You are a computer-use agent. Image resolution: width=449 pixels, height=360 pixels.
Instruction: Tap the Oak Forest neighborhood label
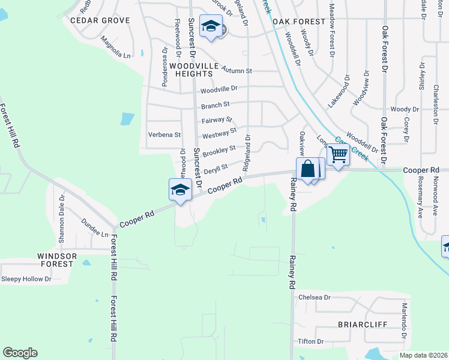[298, 22]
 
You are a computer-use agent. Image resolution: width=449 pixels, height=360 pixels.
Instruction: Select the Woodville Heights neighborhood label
[191, 69]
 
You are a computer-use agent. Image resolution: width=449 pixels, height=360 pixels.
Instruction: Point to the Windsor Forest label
[57, 260]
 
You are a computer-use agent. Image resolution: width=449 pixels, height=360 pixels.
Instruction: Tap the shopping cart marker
[338, 155]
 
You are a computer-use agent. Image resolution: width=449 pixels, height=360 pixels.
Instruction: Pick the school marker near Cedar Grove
[211, 26]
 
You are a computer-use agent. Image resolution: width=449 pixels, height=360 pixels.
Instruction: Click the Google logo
[20, 353]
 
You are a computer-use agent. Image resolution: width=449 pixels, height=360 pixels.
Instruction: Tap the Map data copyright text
[424, 355]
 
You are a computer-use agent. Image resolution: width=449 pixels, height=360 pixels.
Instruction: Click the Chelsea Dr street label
[315, 298]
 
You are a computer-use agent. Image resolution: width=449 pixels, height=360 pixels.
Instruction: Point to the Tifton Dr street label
[310, 341]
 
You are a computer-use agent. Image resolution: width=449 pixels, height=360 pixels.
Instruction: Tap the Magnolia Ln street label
[115, 49]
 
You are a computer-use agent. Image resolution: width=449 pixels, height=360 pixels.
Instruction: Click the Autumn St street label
[237, 70]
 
